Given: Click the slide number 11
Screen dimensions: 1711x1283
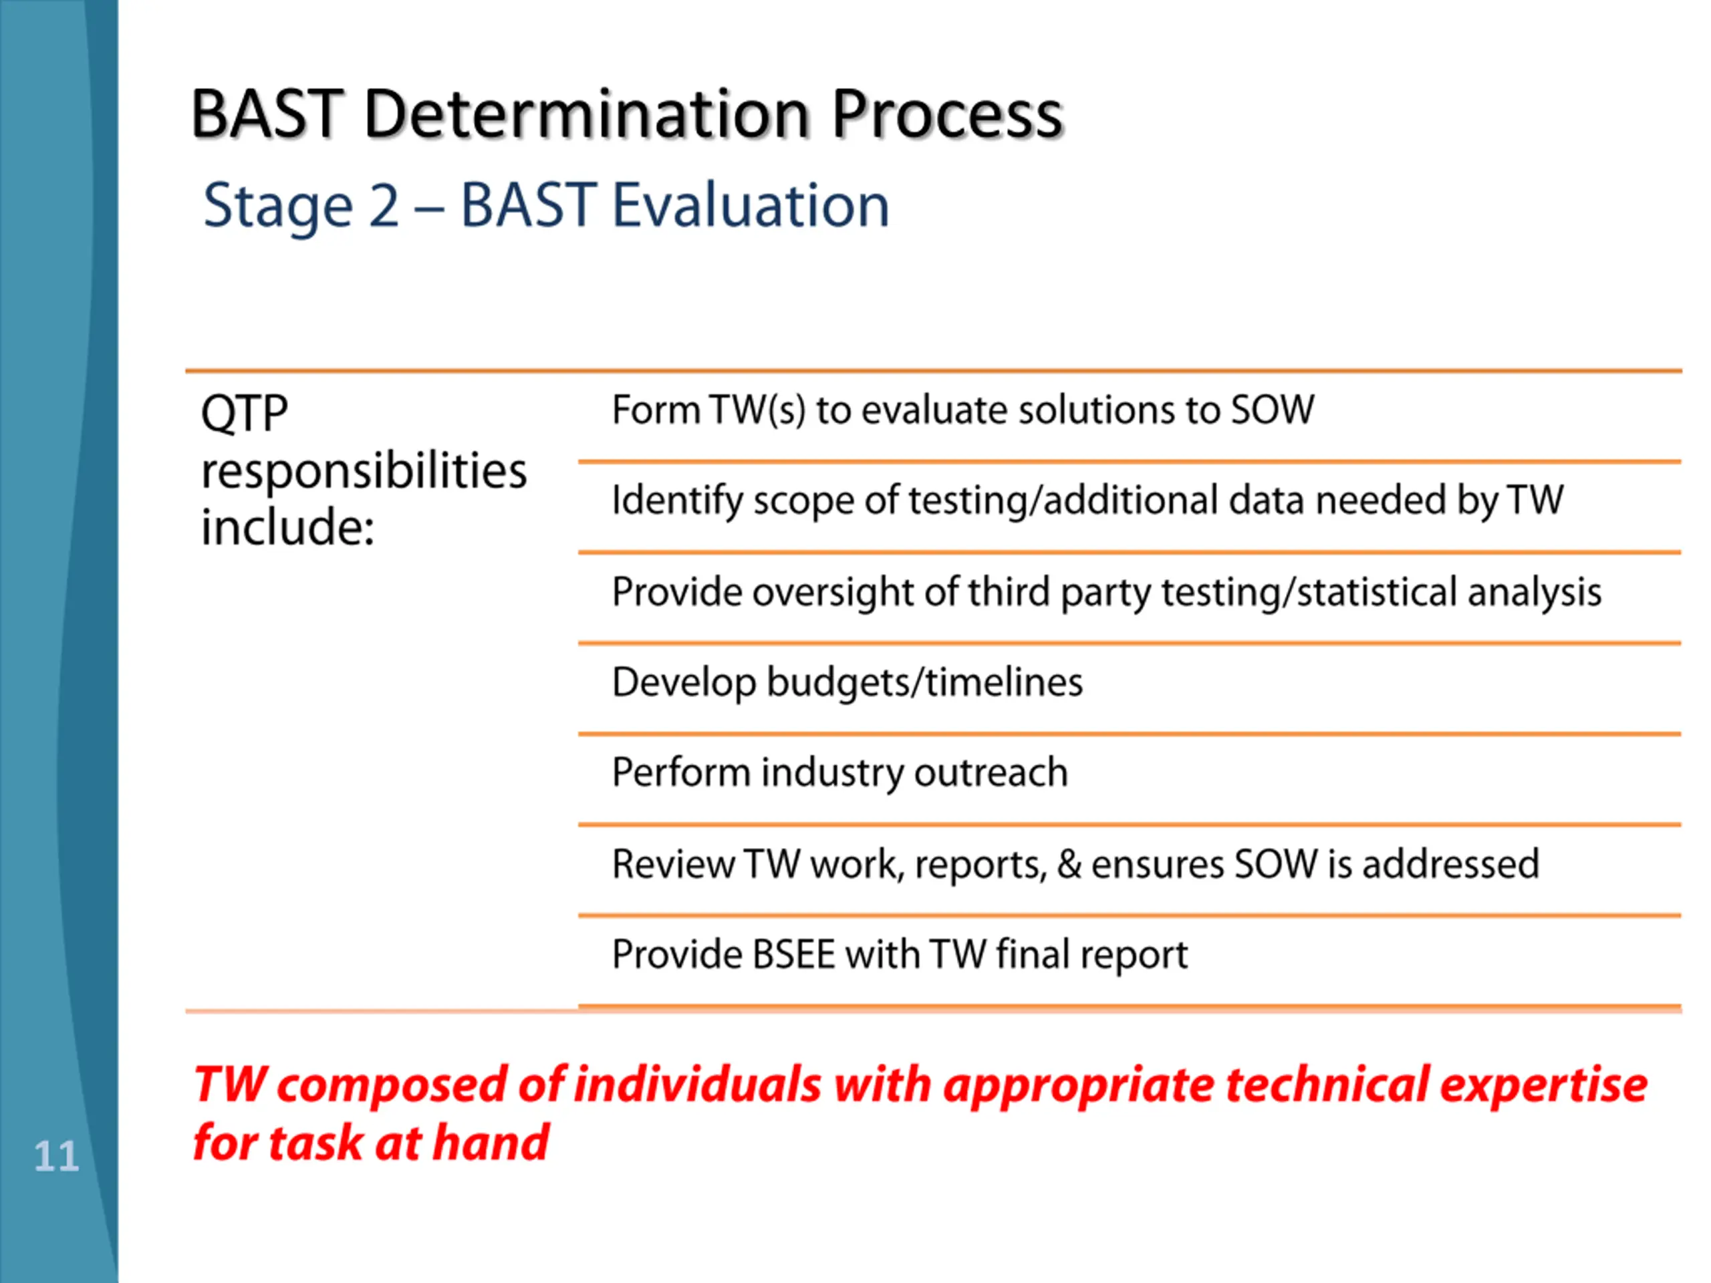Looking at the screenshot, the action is (56, 1156).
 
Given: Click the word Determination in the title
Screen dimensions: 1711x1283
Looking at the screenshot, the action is (587, 114).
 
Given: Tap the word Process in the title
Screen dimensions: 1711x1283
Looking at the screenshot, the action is (948, 114).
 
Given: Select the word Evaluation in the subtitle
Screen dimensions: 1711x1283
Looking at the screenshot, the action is (751, 206).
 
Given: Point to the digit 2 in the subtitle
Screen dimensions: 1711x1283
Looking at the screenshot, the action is (384, 206).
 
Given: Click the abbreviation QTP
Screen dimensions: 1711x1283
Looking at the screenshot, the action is (245, 413).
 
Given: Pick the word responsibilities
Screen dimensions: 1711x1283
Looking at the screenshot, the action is (364, 471).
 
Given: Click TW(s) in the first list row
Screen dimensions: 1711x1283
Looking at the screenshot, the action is (757, 409).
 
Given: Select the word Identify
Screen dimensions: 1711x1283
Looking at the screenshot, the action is (678, 501).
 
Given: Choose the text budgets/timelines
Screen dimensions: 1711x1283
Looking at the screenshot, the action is (924, 682).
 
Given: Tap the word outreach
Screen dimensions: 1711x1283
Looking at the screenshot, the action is (991, 772).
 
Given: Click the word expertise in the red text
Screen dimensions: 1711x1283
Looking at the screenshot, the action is (1543, 1085).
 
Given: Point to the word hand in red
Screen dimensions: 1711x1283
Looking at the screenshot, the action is (491, 1143).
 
